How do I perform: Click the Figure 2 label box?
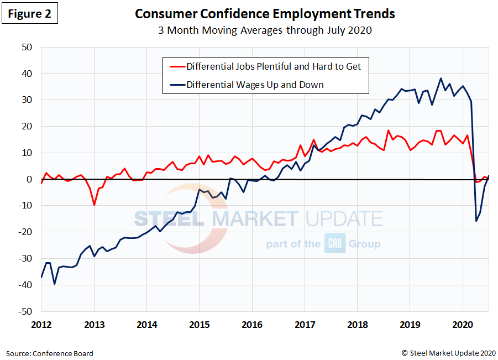click(30, 14)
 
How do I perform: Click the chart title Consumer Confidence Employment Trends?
click(265, 14)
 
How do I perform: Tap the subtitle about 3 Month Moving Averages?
click(265, 30)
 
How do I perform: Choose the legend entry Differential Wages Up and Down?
click(255, 85)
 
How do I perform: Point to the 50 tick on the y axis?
click(27, 47)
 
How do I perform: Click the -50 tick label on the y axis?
click(24, 311)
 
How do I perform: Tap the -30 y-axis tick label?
click(24, 259)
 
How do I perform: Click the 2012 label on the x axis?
click(41, 325)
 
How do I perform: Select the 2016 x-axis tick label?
click(252, 325)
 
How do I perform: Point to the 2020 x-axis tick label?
click(463, 325)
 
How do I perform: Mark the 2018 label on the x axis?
click(358, 325)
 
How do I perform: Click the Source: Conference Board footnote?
click(50, 353)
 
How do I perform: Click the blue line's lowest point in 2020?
click(476, 221)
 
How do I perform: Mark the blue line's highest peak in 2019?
click(441, 79)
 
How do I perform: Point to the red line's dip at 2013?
click(95, 205)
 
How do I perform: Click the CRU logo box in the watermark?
click(335, 244)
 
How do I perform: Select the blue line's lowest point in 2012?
click(55, 284)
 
